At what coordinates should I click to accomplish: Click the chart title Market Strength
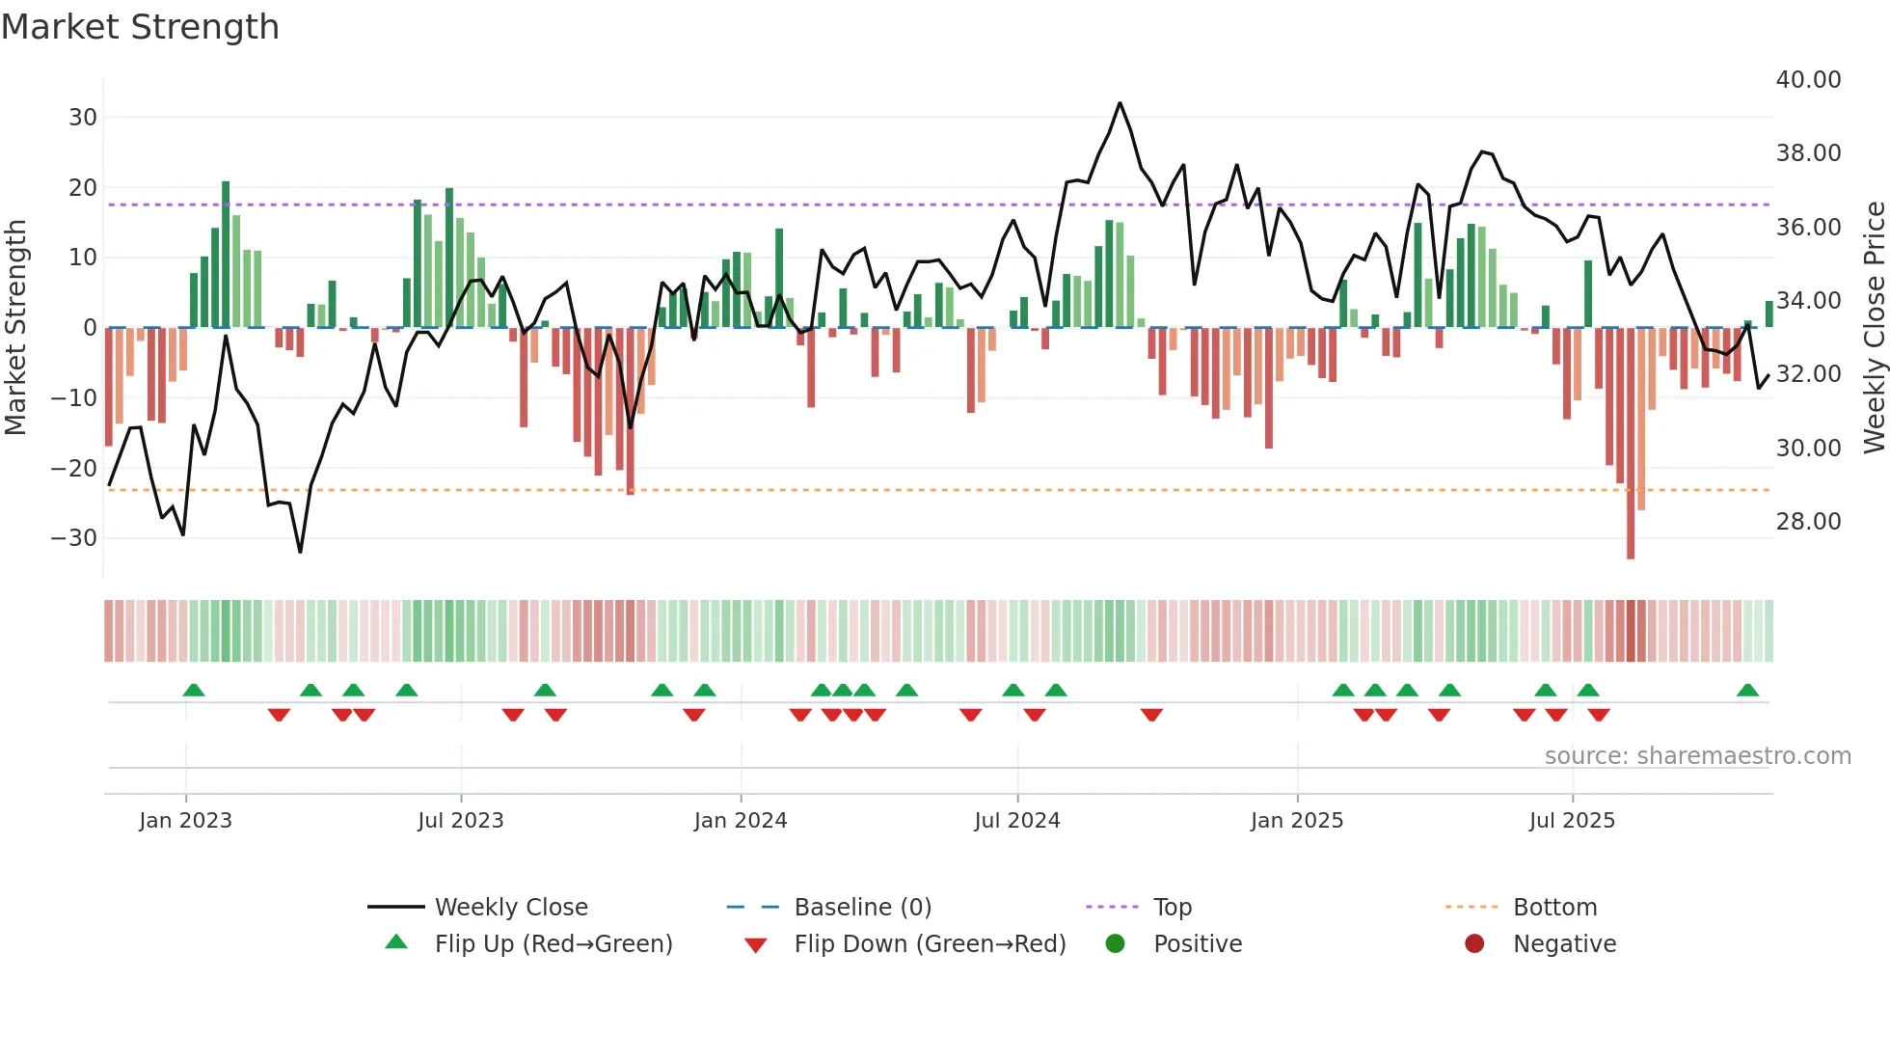pos(140,27)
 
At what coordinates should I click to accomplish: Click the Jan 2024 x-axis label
pos(740,820)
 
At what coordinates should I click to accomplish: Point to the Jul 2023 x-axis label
pos(460,820)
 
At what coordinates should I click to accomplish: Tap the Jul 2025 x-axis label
pos(1571,820)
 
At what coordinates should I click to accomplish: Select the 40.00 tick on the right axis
pos(1808,80)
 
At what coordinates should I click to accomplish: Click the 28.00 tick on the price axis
pos(1808,522)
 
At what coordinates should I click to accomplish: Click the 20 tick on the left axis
pos(83,188)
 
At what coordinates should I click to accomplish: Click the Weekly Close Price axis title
pos(1874,328)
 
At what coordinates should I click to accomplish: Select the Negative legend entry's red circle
pos(1473,944)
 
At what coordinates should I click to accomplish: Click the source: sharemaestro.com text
pos(1697,756)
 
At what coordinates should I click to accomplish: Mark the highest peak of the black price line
pos(1120,103)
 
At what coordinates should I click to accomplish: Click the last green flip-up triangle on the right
pos(1747,691)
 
